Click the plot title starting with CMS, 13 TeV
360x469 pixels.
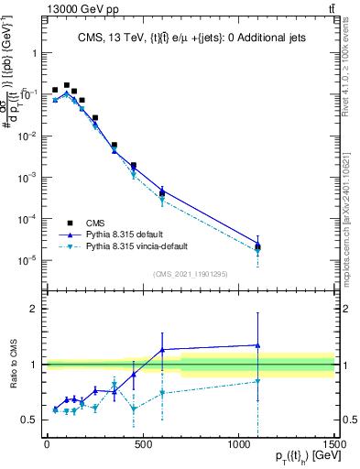coord(190,38)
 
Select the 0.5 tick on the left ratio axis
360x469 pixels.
coord(29,420)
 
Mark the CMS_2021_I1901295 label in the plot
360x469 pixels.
coord(190,274)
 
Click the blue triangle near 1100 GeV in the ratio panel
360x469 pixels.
coord(258,345)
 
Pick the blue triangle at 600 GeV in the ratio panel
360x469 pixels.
coord(162,349)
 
